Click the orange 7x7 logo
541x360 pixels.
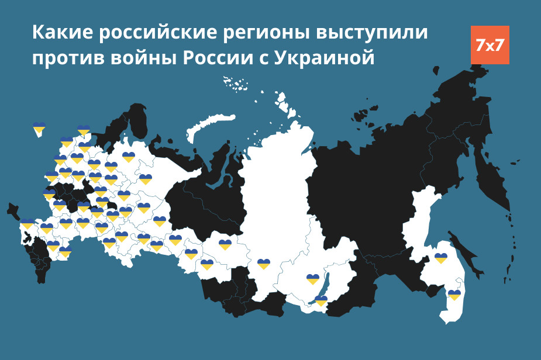point(490,45)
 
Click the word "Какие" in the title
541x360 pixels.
point(62,33)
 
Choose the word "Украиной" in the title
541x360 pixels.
point(324,59)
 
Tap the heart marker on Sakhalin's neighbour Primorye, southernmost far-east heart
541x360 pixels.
point(454,295)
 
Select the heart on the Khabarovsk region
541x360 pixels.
point(441,258)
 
